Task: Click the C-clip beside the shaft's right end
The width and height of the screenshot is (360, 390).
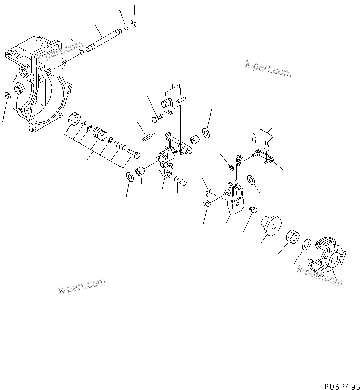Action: click(133, 22)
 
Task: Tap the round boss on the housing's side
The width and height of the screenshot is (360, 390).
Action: click(20, 89)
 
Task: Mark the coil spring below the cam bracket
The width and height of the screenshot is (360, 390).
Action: click(181, 181)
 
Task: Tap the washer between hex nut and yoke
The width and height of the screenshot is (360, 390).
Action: click(306, 245)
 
